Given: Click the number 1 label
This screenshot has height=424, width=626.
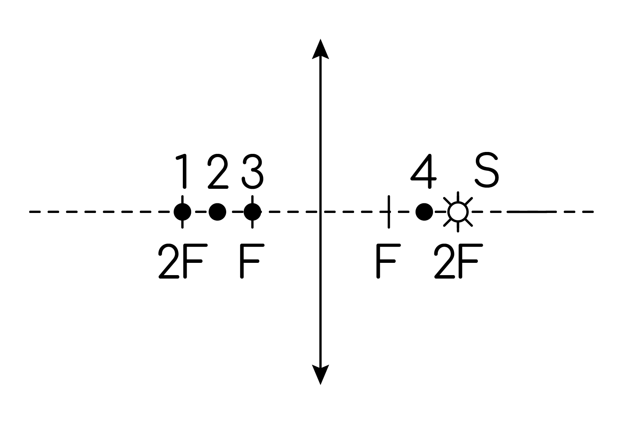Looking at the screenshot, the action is [182, 171].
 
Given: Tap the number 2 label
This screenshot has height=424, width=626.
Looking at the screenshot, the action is [218, 171].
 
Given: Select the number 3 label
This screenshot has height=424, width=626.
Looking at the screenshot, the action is [253, 171].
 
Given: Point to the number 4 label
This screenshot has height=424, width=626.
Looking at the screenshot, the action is [423, 171].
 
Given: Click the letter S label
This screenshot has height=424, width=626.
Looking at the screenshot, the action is [487, 170].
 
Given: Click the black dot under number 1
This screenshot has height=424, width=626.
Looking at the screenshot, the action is [182, 212].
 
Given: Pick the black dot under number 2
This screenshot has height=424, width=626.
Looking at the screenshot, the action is [217, 212].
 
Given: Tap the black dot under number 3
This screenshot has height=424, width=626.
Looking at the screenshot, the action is [252, 212].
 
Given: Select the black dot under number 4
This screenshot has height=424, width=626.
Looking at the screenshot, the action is [424, 212].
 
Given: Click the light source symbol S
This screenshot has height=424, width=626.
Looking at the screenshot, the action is [458, 212].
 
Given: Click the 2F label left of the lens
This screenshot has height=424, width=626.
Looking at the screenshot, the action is [183, 261].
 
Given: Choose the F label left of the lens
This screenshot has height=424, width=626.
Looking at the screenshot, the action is [252, 261].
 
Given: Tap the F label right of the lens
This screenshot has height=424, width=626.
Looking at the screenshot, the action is [388, 261].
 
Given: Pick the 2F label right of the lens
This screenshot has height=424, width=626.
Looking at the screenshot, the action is [459, 261].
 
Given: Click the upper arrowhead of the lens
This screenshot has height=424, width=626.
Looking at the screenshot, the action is [320, 49].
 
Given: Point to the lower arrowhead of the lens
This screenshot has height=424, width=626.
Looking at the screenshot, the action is [320, 375].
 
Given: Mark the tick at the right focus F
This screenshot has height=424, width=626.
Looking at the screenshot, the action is [389, 212].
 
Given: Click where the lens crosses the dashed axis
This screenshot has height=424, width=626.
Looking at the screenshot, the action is [320, 212].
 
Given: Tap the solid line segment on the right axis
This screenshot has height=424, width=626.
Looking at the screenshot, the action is [532, 212].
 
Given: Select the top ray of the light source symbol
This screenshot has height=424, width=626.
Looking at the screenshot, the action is [458, 196].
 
